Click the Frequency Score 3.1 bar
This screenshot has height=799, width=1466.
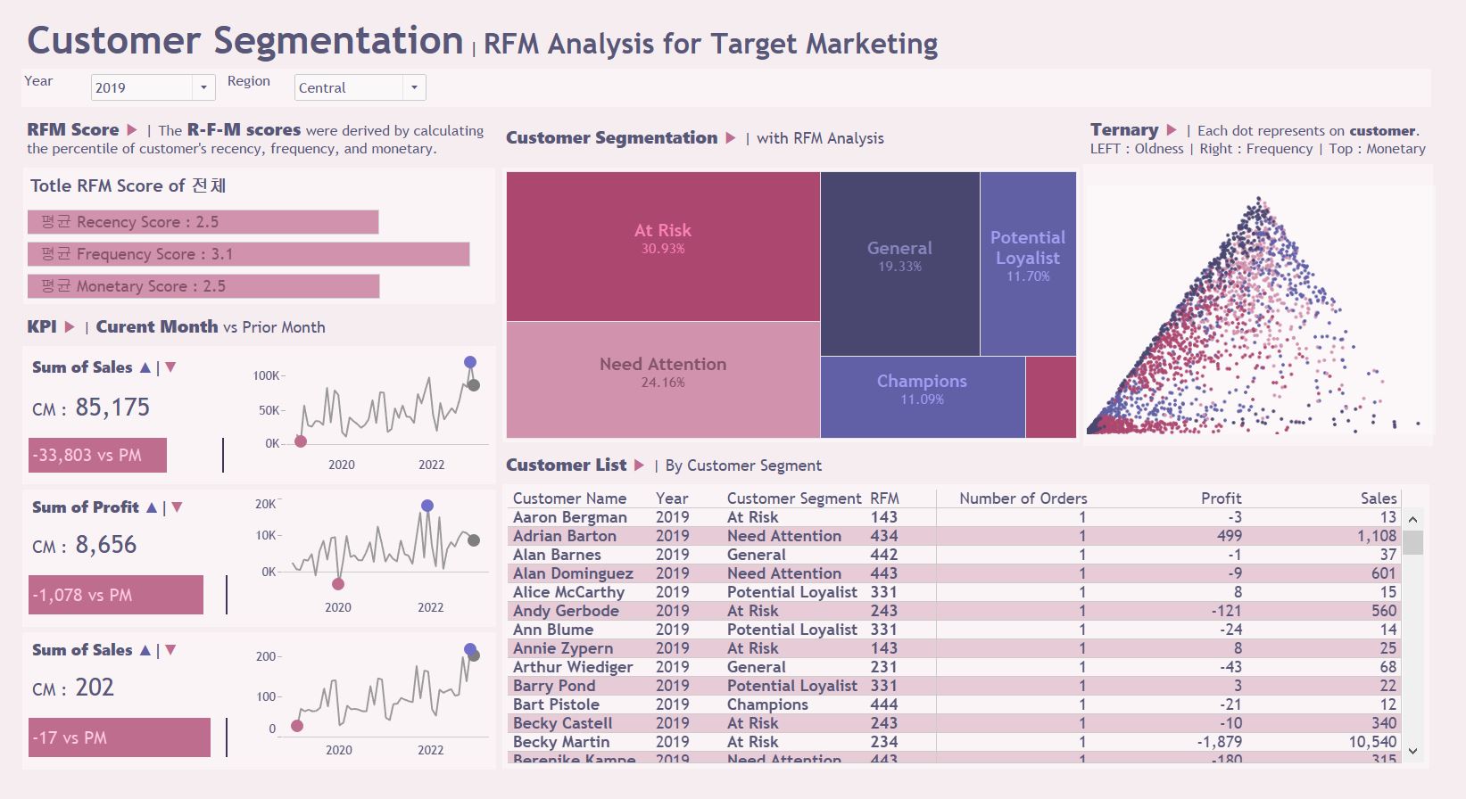click(248, 254)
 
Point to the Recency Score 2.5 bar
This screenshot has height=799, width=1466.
click(203, 222)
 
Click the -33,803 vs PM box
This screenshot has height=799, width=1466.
click(97, 455)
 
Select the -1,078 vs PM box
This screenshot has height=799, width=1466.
click(115, 595)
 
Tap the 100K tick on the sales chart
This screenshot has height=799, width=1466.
click(266, 375)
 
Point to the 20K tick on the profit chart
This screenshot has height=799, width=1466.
click(266, 504)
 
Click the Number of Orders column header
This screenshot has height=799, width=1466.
click(1023, 498)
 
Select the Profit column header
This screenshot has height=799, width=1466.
click(1221, 498)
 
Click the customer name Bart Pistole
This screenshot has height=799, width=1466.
click(555, 704)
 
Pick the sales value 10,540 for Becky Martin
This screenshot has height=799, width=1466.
click(1372, 742)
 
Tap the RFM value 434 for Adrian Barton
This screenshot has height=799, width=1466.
click(884, 536)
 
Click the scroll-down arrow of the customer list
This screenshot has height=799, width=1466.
click(1412, 751)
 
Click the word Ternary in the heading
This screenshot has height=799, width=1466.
click(1123, 130)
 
